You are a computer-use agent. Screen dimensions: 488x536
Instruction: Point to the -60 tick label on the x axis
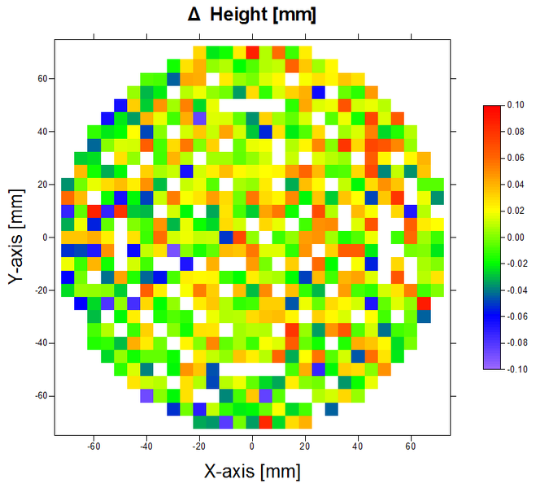[x=93, y=446]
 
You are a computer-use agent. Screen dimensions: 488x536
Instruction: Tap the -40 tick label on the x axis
[x=146, y=446]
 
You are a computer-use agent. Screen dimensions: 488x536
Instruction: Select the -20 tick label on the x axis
[x=198, y=446]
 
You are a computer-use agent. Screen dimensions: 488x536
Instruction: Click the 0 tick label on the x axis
[x=252, y=446]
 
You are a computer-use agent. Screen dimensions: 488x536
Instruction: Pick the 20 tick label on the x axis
[x=305, y=446]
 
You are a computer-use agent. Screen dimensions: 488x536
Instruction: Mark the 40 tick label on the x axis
[x=358, y=446]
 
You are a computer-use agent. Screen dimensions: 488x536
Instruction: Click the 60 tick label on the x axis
[x=411, y=446]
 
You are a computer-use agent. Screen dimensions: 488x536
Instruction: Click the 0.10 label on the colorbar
[x=516, y=105]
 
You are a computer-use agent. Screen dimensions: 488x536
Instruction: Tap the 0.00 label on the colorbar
[x=516, y=237]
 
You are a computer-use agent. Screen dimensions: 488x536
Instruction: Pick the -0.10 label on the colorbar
[x=514, y=368]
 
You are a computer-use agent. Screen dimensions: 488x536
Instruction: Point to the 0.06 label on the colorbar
[x=516, y=158]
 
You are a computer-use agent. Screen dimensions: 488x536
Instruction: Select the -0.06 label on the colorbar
[x=514, y=316]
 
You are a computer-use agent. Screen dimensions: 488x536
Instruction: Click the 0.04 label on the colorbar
[x=516, y=185]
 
